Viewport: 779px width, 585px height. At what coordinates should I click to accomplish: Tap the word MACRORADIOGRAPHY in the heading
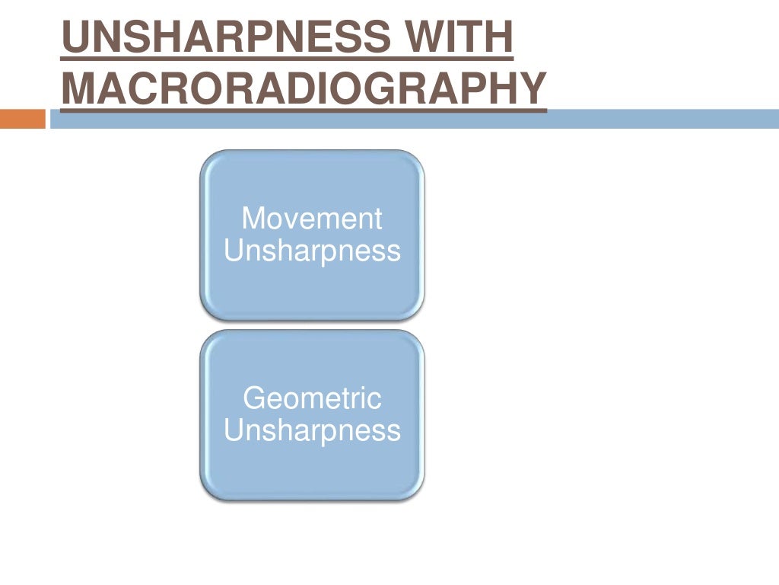click(x=303, y=88)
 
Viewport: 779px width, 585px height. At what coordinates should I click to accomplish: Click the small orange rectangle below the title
click(x=23, y=120)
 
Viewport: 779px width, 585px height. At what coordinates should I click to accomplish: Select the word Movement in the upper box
click(x=311, y=219)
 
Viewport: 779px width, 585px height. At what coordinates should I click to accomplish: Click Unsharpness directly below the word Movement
click(x=312, y=251)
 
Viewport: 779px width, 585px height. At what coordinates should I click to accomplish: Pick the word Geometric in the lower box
click(x=311, y=398)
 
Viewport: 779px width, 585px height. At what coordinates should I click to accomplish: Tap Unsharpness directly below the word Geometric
click(x=312, y=430)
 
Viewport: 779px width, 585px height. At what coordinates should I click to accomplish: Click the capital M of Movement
click(x=253, y=219)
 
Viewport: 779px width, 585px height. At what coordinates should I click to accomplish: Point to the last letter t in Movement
click(x=377, y=219)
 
